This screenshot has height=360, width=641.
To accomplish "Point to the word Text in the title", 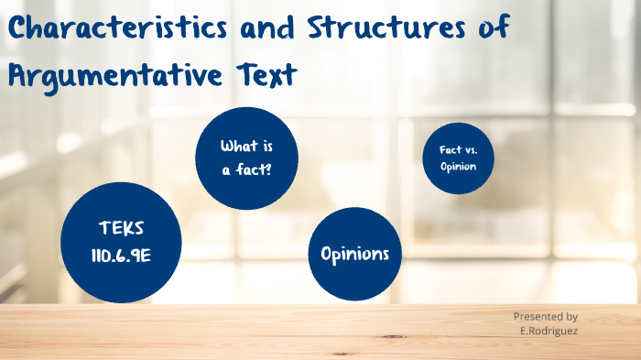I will point(265,73).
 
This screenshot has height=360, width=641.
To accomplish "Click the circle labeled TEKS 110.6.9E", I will point(121,242).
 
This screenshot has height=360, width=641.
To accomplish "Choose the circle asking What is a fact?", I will point(247,157).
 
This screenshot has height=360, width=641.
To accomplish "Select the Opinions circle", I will point(354,254).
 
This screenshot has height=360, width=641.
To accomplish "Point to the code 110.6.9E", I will point(121,256).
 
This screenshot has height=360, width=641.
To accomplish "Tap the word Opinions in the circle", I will point(354,254).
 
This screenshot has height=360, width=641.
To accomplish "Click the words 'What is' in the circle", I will point(246,147).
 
